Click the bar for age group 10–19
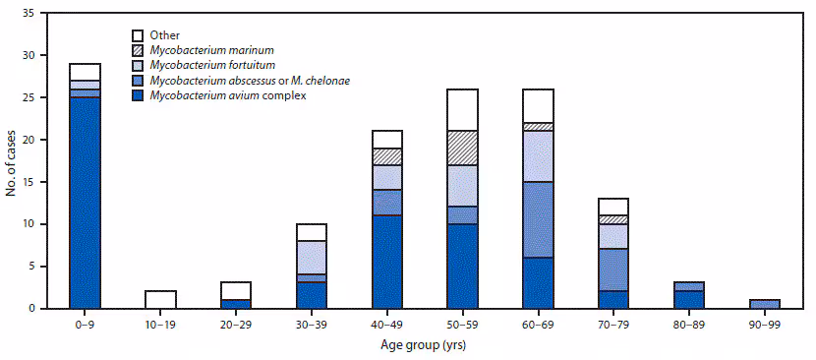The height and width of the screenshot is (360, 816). point(161,299)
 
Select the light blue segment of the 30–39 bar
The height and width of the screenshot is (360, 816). point(313,257)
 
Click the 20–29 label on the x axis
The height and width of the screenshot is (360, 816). point(237,322)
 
